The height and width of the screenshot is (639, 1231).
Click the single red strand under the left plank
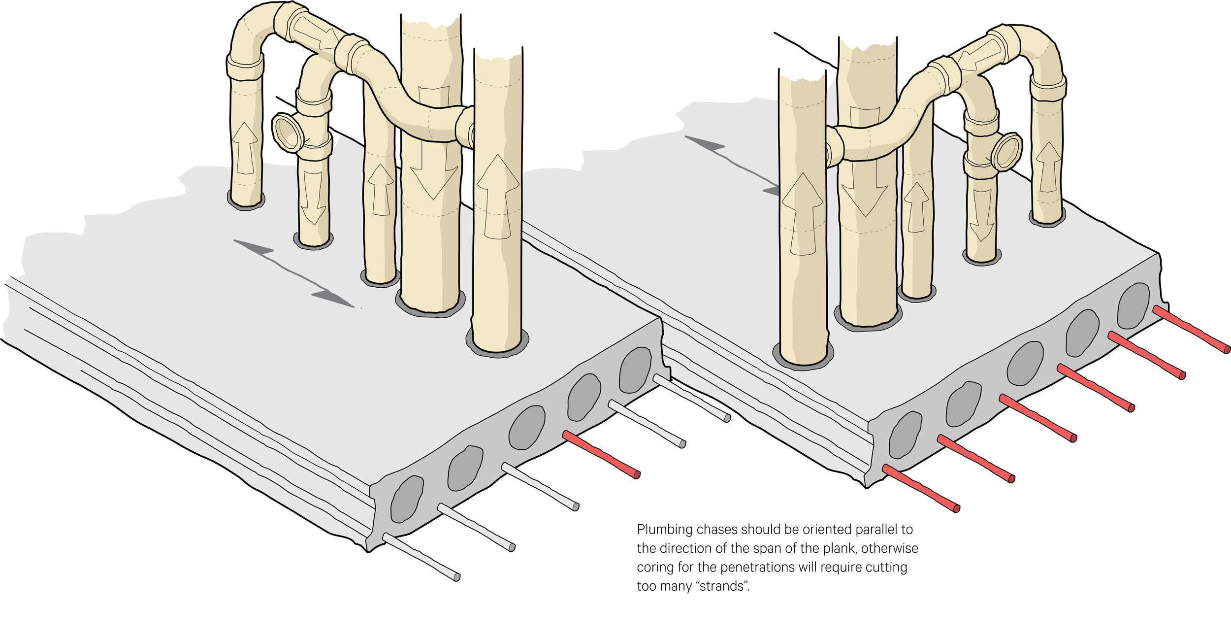601,454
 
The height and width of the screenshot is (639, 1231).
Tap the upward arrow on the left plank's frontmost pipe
497,197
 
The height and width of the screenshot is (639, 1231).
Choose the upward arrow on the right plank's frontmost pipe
802,214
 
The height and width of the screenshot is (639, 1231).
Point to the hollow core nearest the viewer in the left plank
407,499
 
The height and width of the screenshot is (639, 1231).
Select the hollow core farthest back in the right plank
1134,306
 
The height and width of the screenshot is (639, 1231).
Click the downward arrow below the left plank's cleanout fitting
313,197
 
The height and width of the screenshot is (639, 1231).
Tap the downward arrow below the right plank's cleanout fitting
982,214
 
